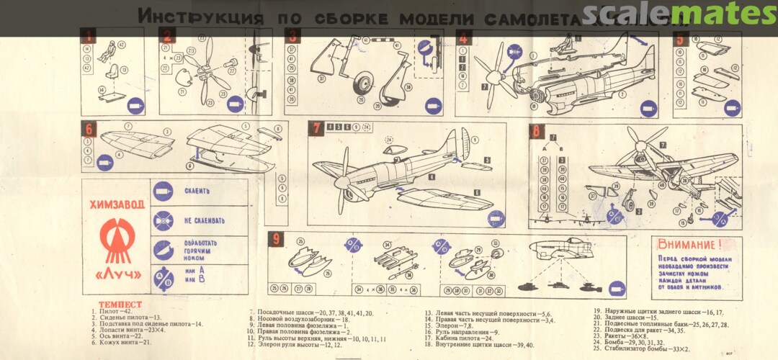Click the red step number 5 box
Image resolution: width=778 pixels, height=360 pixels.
pos(679,39)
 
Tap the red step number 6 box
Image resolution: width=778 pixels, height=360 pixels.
pos(90,130)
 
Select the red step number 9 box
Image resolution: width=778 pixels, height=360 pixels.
pos(276,239)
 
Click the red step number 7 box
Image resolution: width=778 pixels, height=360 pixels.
pos(316,129)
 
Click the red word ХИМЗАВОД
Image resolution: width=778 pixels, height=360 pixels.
pos(116,204)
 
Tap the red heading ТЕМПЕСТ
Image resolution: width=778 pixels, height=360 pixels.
pos(120,305)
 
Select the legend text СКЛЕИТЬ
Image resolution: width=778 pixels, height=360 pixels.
pos(197,192)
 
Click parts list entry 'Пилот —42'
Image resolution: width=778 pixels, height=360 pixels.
pos(111,312)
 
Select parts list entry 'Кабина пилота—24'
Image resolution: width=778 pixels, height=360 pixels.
pos(458,338)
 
